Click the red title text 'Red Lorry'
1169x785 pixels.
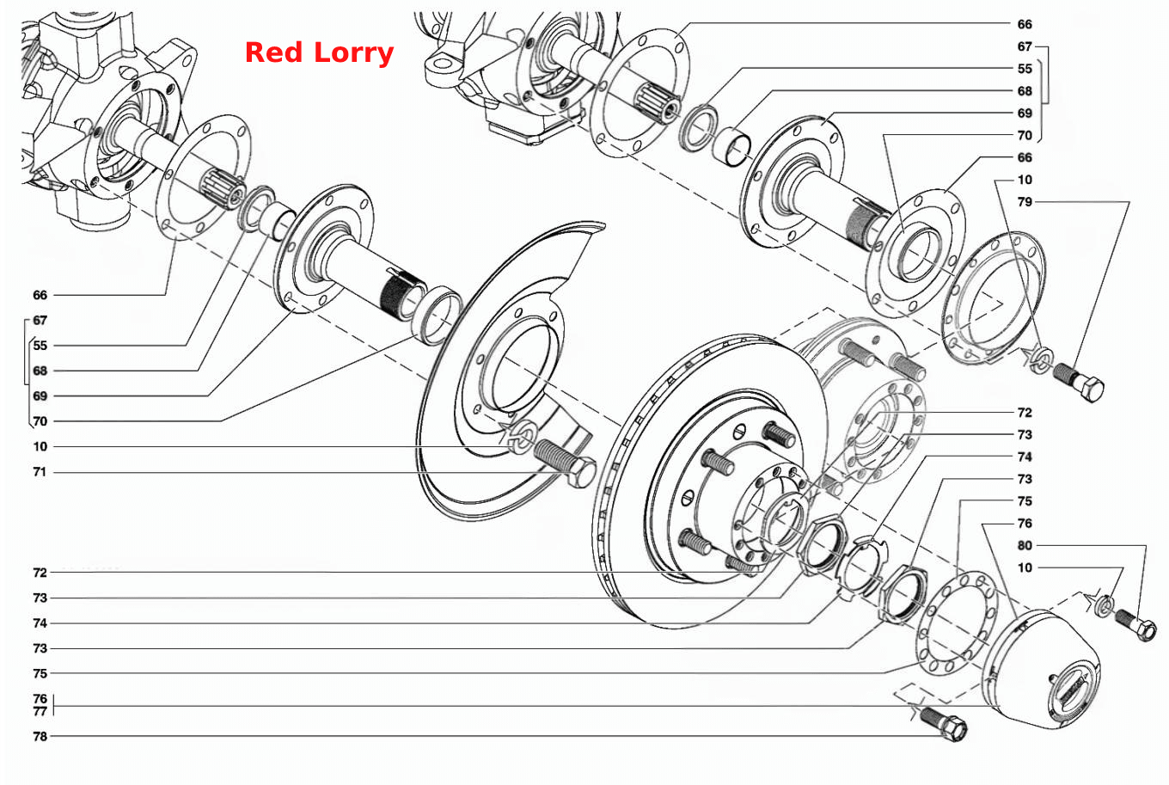(x=319, y=53)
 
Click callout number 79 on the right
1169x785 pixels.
(x=1025, y=202)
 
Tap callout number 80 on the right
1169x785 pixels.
(x=1025, y=545)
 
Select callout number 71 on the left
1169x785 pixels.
(x=40, y=472)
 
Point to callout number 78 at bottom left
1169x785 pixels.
(x=40, y=737)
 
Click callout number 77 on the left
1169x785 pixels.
(x=40, y=711)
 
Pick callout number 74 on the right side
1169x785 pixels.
(x=1025, y=457)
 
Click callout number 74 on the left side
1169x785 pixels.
(x=40, y=623)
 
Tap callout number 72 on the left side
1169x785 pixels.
(x=40, y=573)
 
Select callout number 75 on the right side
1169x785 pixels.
(x=1025, y=501)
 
